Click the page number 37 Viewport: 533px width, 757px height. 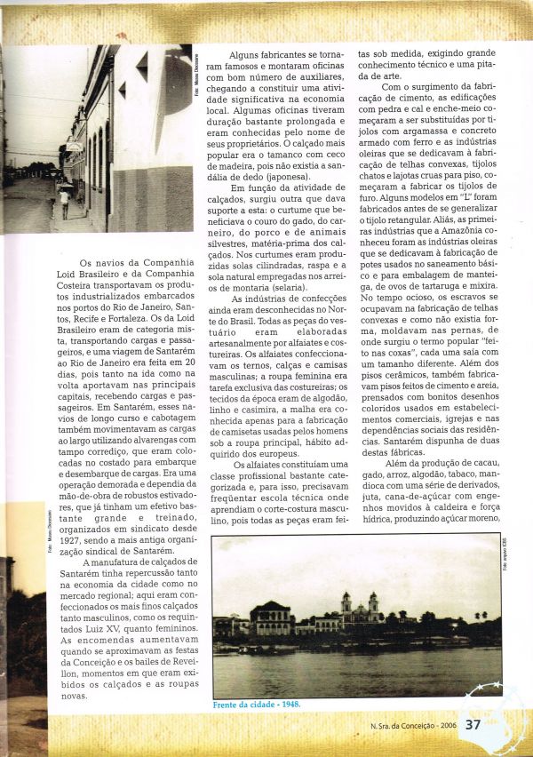(473, 724)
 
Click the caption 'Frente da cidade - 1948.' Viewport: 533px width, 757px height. (257, 704)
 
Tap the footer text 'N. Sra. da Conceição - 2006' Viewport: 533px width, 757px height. (414, 725)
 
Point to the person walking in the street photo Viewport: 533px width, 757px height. (63, 202)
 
